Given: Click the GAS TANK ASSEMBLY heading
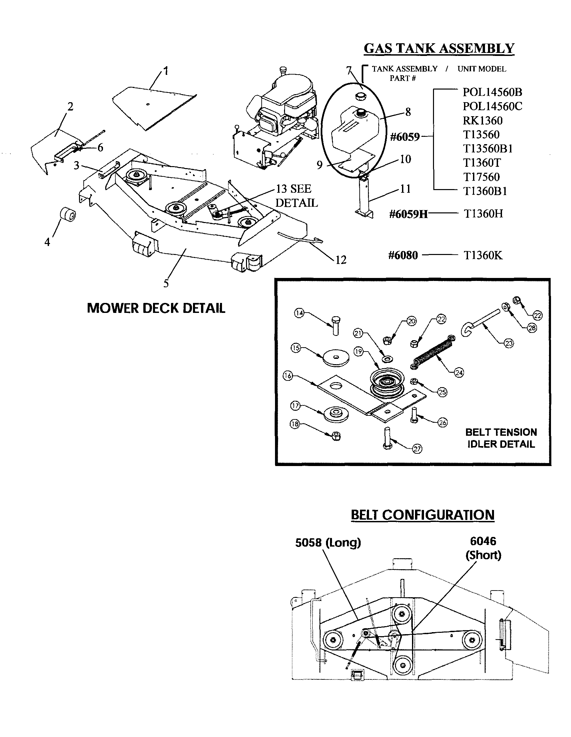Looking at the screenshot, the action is pos(439,49).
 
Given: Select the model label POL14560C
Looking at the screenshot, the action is pos(492,106).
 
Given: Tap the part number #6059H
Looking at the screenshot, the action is pos(408,214).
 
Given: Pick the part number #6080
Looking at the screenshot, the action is pos(403,255).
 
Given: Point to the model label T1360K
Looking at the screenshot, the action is pos(483,255).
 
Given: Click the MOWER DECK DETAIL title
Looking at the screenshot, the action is pos(156,308).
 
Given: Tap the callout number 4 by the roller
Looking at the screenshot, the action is pos(47,242).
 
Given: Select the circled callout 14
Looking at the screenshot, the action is pos(299,313).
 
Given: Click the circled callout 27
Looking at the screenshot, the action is pos(417,448).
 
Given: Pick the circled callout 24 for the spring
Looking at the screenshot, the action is pos(459,372).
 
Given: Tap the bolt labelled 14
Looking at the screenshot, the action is pos(336,326).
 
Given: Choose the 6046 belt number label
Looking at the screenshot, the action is pos(483,541).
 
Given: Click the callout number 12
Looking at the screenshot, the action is pos(341,260).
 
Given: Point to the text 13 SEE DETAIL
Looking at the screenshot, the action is pos(297,196).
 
